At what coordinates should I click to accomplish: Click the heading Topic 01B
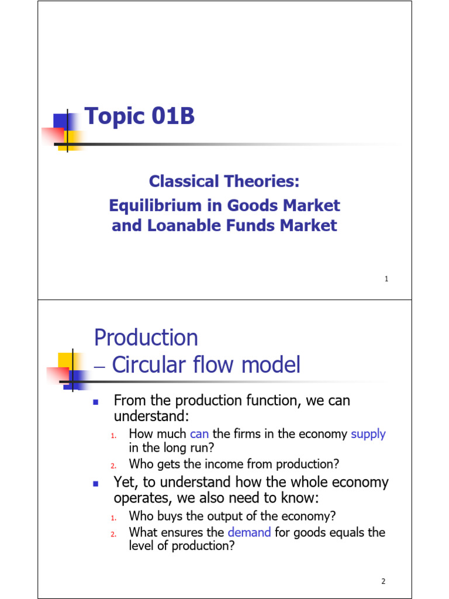click(x=140, y=117)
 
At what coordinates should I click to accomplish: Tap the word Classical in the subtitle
click(x=182, y=181)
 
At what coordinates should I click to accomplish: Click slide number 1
click(x=386, y=280)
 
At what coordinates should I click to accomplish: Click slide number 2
click(x=384, y=581)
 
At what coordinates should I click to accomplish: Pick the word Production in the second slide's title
click(x=146, y=338)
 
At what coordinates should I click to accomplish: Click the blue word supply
click(x=368, y=434)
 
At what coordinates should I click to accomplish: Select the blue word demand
click(x=249, y=532)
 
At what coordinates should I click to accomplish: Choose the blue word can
click(x=199, y=434)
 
